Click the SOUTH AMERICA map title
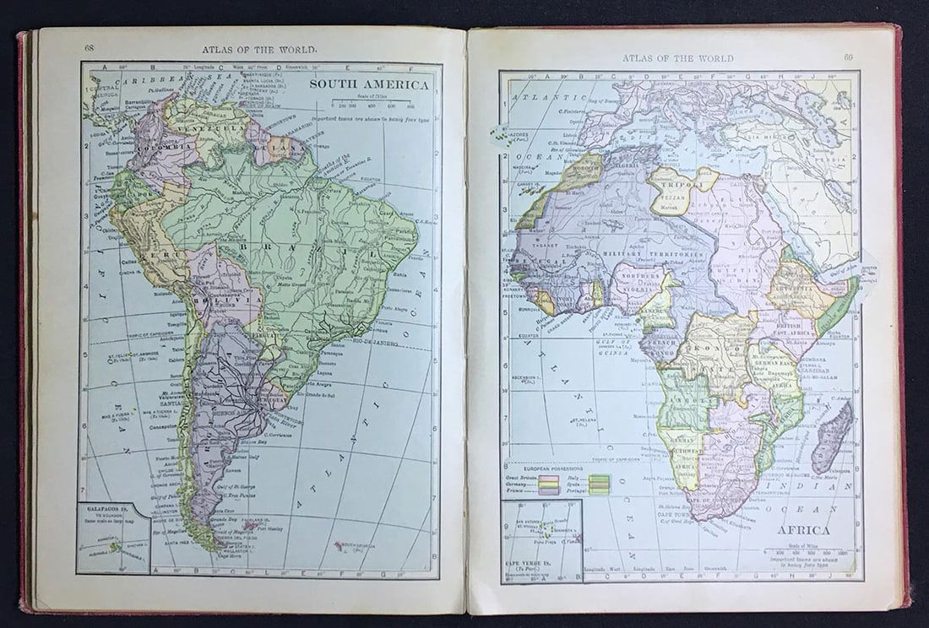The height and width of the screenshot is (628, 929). coord(370,85)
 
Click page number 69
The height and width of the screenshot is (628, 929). coord(849,57)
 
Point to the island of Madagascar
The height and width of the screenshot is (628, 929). coord(833,436)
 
